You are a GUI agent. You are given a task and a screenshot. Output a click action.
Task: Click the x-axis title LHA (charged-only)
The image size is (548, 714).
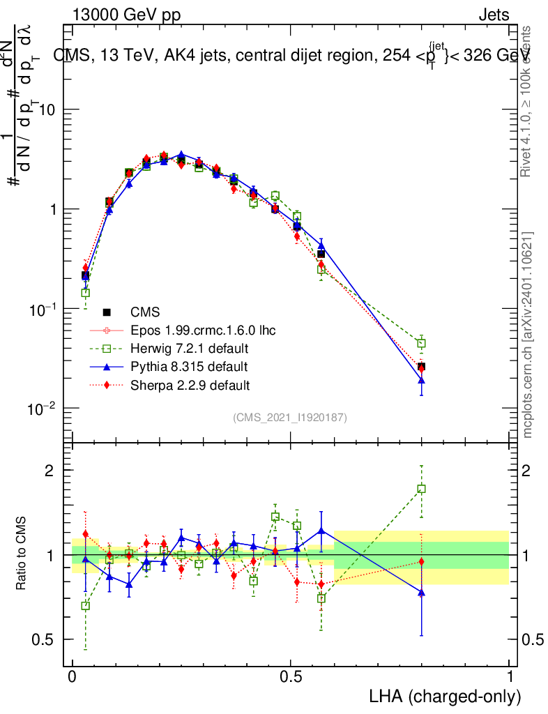coord(445,696)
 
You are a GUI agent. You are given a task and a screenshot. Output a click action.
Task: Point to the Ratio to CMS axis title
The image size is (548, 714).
coord(22,553)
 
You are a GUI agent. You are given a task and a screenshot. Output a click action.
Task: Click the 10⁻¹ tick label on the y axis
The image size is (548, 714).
coord(43,308)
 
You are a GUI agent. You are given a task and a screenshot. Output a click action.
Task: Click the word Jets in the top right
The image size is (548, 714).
coord(494,15)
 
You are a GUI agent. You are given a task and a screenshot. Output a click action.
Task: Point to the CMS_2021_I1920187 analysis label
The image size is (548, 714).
coord(290,417)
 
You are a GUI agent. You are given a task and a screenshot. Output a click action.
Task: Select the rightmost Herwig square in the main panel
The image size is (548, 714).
coord(421,343)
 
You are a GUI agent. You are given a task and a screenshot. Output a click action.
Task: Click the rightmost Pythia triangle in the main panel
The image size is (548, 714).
coord(421,379)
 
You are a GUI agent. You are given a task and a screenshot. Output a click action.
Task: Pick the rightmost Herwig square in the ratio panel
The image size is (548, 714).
coord(421,489)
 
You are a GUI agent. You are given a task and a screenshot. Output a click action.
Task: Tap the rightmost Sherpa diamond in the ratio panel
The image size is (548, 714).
coord(421,562)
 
